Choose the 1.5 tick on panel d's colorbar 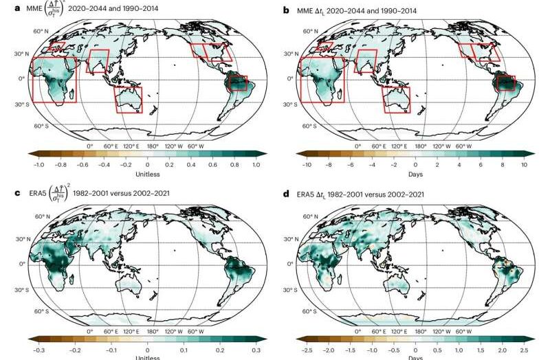pyautogui.click(x=481, y=348)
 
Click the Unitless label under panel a pyautogui.click(x=147, y=175)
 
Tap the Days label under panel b pyautogui.click(x=415, y=175)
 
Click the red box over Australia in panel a pyautogui.click(x=128, y=99)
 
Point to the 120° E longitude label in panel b pyautogui.click(x=397, y=146)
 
